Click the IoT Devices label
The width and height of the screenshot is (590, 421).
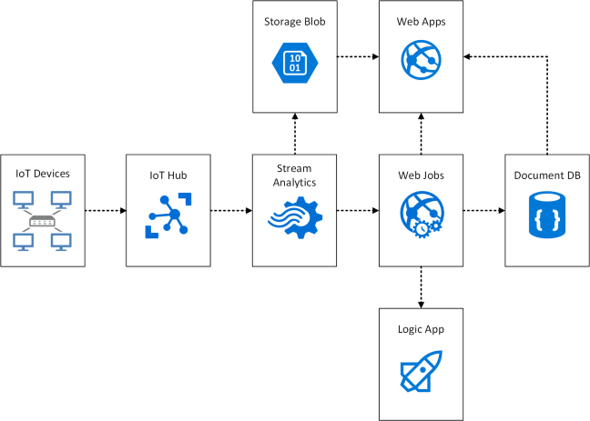click(x=43, y=173)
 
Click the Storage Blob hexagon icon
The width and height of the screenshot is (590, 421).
click(x=294, y=61)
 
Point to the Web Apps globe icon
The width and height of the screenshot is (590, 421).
click(x=421, y=60)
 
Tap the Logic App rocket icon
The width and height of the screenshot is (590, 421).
click(x=421, y=373)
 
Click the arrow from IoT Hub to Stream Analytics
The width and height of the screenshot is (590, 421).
click(x=231, y=210)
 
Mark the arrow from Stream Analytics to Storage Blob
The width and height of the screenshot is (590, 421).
click(x=294, y=133)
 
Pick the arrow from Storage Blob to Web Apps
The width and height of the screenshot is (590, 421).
click(x=358, y=56)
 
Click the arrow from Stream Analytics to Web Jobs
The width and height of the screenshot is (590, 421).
click(x=358, y=210)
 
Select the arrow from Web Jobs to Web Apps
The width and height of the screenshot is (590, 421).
click(x=421, y=133)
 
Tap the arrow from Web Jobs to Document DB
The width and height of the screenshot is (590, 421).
click(x=483, y=210)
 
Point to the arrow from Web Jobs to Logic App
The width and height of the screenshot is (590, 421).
click(x=421, y=286)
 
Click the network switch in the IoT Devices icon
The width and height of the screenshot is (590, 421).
click(x=43, y=221)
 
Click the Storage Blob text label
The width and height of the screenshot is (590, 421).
click(x=294, y=20)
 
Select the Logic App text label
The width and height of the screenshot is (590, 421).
click(x=421, y=327)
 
